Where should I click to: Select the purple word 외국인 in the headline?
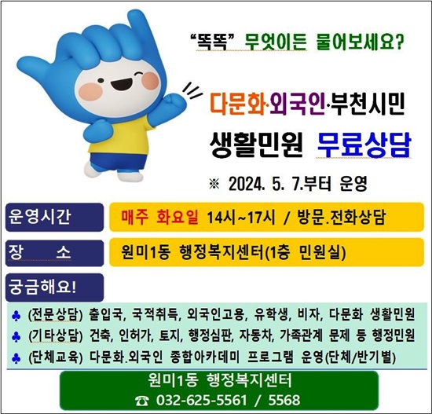[298, 104]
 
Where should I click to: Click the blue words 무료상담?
[364, 145]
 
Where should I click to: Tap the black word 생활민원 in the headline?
[256, 145]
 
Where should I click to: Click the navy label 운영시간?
[39, 217]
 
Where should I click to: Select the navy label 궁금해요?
[42, 288]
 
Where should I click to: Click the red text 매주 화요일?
[159, 217]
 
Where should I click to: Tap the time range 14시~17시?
[241, 218]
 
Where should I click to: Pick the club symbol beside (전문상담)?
[16, 316]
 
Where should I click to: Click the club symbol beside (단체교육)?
[16, 358]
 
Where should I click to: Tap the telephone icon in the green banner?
[142, 401]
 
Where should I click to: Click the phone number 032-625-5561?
[201, 400]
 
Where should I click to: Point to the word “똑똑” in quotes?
[212, 42]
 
